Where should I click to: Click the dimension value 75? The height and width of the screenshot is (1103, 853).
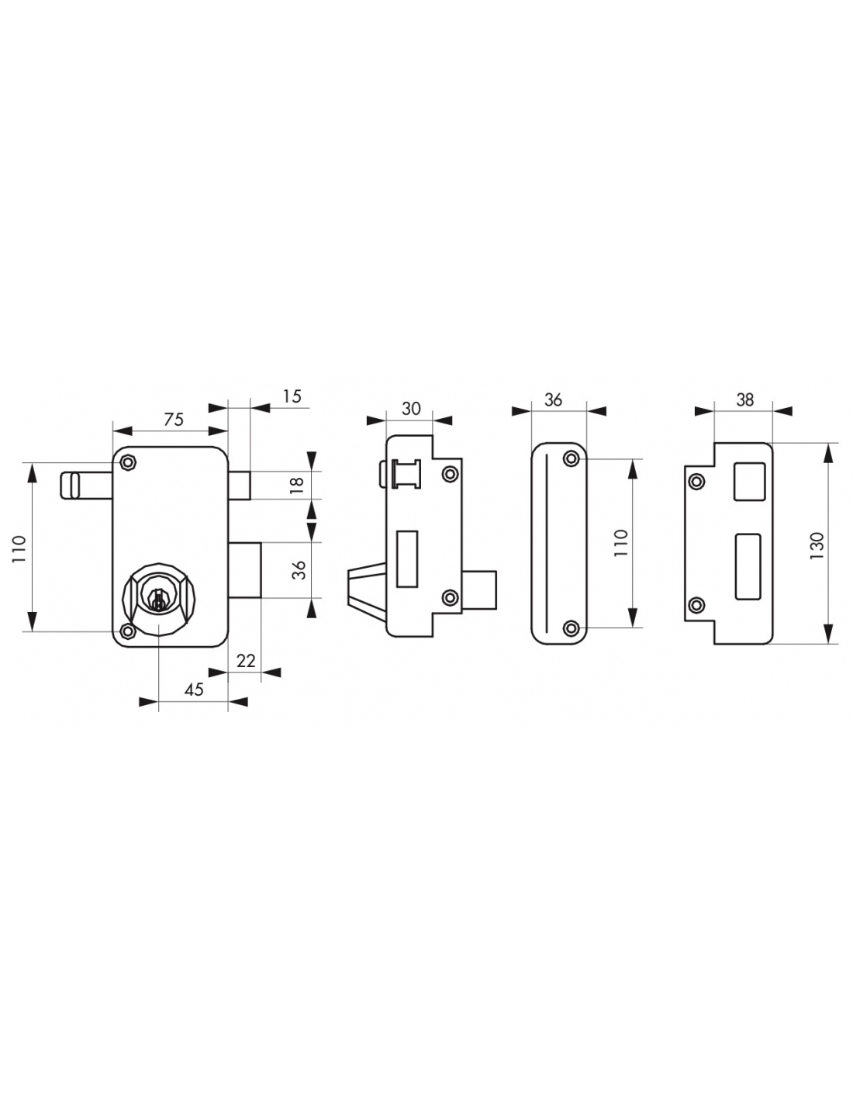point(173,420)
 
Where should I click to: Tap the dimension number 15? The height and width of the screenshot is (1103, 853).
point(292,396)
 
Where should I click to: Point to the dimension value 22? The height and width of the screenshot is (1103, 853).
point(246,660)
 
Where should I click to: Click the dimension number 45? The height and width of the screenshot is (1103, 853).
point(193,690)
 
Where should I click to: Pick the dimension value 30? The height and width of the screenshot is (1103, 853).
point(411,408)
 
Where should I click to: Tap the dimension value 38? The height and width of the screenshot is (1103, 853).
point(744,399)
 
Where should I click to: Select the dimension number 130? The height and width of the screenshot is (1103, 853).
point(817,545)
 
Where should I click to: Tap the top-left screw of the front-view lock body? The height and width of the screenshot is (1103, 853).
point(129,462)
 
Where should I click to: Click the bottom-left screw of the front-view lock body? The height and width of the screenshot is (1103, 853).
point(127,631)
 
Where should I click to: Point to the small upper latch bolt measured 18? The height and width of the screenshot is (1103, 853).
point(239,486)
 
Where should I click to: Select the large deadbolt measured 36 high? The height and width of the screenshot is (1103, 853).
point(244,570)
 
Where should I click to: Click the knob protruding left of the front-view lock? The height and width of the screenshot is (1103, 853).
point(86,486)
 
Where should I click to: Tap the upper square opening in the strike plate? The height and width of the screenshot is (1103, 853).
point(750,481)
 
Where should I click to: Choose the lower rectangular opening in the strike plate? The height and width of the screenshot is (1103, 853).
point(748,566)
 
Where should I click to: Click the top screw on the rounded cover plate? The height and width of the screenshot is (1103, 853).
point(572,459)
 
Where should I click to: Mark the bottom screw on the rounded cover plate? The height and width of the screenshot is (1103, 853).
point(572,628)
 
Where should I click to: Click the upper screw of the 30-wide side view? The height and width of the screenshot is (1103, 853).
point(450,474)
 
